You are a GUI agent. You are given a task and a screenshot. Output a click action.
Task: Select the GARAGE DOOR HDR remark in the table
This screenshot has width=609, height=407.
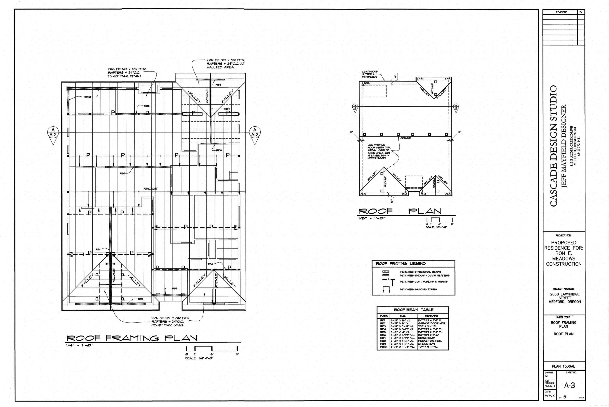pyautogui.click(x=431, y=323)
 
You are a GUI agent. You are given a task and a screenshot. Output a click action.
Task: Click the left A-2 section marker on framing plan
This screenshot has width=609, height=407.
pyautogui.click(x=53, y=132)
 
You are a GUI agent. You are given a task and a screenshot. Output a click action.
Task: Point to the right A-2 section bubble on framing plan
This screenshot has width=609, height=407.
pyautogui.click(x=255, y=132)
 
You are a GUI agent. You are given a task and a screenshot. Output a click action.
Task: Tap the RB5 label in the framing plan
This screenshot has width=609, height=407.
pyautogui.click(x=123, y=173)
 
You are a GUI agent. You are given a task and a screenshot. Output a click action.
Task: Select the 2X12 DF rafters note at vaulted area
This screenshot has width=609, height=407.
pyautogui.click(x=225, y=64)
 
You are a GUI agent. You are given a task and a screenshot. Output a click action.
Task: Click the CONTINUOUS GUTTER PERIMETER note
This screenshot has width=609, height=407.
pyautogui.click(x=370, y=74)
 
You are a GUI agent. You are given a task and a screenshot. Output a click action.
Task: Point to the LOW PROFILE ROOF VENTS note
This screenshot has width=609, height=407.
pyautogui.click(x=379, y=151)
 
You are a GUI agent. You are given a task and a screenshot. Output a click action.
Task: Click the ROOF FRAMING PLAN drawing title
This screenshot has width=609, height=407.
pyautogui.click(x=132, y=338)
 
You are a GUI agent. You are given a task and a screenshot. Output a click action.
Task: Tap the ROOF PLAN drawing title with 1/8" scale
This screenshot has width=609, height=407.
pyautogui.click(x=400, y=211)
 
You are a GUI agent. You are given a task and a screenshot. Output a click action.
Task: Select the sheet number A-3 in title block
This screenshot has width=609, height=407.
pyautogui.click(x=569, y=386)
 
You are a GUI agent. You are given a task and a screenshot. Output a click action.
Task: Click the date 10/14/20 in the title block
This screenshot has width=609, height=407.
pyautogui.click(x=550, y=396)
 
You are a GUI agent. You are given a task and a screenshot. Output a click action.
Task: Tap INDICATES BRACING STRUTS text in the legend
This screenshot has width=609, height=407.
pyautogui.click(x=418, y=289)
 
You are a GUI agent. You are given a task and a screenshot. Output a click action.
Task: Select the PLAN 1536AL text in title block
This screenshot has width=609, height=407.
pyautogui.click(x=563, y=366)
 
